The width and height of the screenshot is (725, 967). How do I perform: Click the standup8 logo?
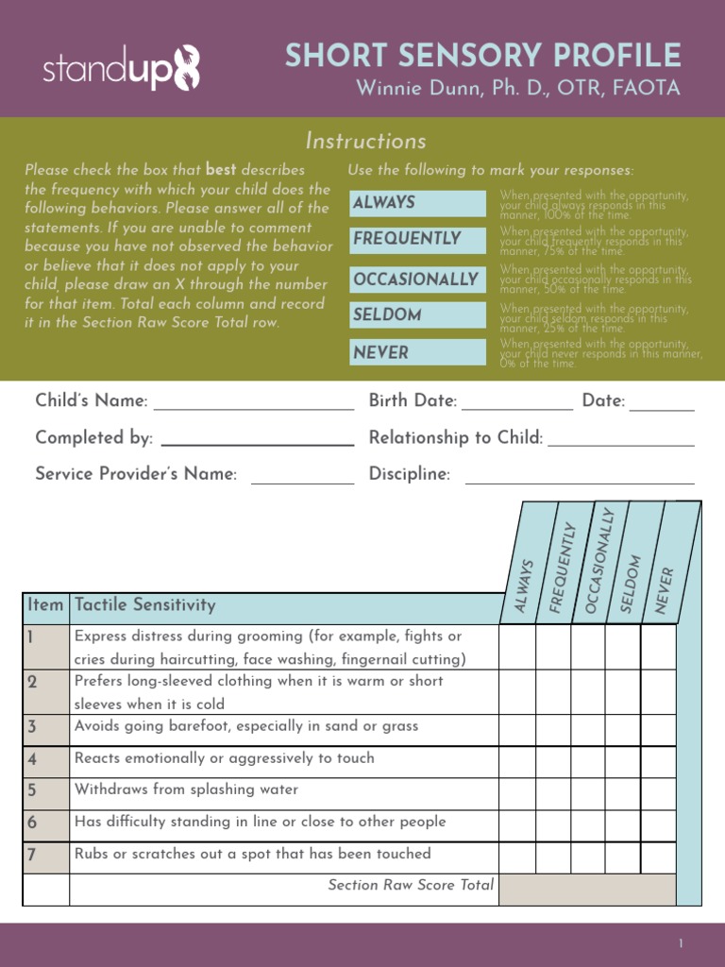[121, 69]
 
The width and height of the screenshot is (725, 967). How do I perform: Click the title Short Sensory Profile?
[482, 56]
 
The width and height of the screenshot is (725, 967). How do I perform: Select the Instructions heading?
[365, 142]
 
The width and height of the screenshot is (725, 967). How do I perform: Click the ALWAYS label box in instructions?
[417, 202]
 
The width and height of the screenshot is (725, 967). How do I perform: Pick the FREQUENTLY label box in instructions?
[417, 239]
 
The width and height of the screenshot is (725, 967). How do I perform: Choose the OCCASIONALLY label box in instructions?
[417, 280]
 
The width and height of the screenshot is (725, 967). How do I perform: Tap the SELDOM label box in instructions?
[417, 315]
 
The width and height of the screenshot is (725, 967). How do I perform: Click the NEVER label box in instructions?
[417, 352]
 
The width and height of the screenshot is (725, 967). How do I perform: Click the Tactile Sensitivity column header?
[145, 605]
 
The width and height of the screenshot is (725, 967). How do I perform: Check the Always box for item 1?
[517, 647]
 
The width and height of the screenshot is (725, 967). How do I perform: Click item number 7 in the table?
[32, 855]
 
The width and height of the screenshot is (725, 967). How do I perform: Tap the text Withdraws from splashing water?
[186, 789]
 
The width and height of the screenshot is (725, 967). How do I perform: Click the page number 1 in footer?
[680, 944]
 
